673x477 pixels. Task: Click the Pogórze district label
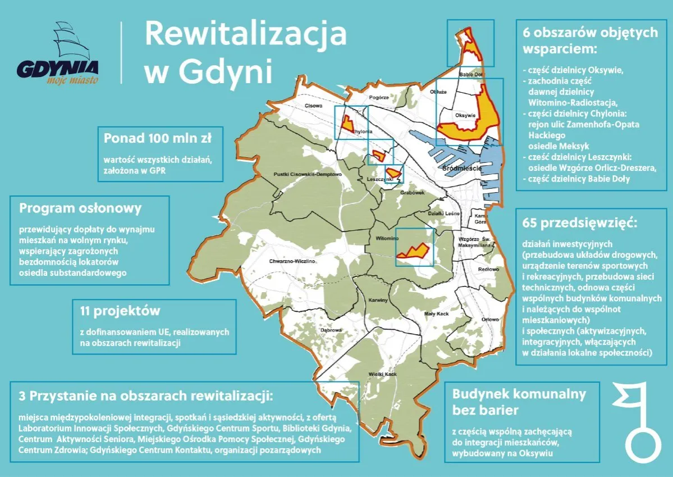(x=379, y=97)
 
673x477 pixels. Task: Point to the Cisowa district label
(x=313, y=105)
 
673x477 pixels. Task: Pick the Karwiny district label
(x=378, y=301)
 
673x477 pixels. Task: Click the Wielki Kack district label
(x=383, y=374)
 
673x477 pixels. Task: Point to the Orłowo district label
(x=491, y=319)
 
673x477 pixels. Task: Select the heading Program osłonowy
(x=80, y=208)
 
